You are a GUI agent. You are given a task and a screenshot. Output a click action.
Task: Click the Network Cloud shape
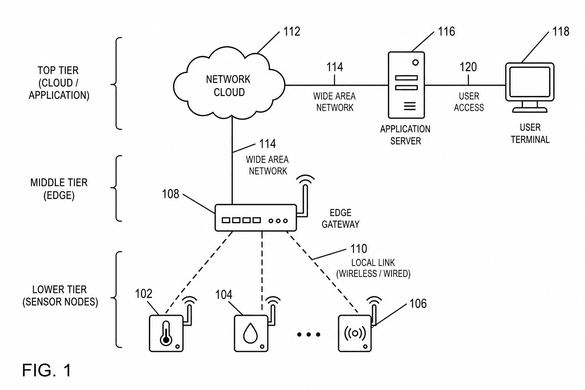(229, 83)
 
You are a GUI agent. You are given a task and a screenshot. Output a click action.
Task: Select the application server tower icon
(406, 85)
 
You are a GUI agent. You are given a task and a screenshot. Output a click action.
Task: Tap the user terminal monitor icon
(530, 88)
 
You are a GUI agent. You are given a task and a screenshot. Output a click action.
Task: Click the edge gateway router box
(256, 217)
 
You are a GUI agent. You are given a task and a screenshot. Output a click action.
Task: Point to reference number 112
(292, 32)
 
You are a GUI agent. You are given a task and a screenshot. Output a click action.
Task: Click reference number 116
(446, 32)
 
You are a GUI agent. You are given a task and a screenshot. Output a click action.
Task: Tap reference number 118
(561, 32)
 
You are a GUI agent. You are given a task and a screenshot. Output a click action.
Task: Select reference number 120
(468, 67)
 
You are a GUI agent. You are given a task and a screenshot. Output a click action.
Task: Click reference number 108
(170, 194)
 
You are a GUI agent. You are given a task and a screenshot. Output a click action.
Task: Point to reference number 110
(358, 249)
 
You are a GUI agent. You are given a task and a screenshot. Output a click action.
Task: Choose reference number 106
(418, 304)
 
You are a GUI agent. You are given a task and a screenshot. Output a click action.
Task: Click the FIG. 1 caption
(46, 370)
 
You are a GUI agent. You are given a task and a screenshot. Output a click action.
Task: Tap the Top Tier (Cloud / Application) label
(59, 83)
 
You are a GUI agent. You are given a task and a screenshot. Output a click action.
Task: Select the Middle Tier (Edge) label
(59, 189)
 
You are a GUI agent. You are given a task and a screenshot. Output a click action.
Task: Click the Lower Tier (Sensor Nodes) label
(60, 296)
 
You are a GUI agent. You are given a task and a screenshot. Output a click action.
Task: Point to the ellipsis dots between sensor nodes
(309, 334)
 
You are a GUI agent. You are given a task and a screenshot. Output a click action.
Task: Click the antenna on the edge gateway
(305, 198)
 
